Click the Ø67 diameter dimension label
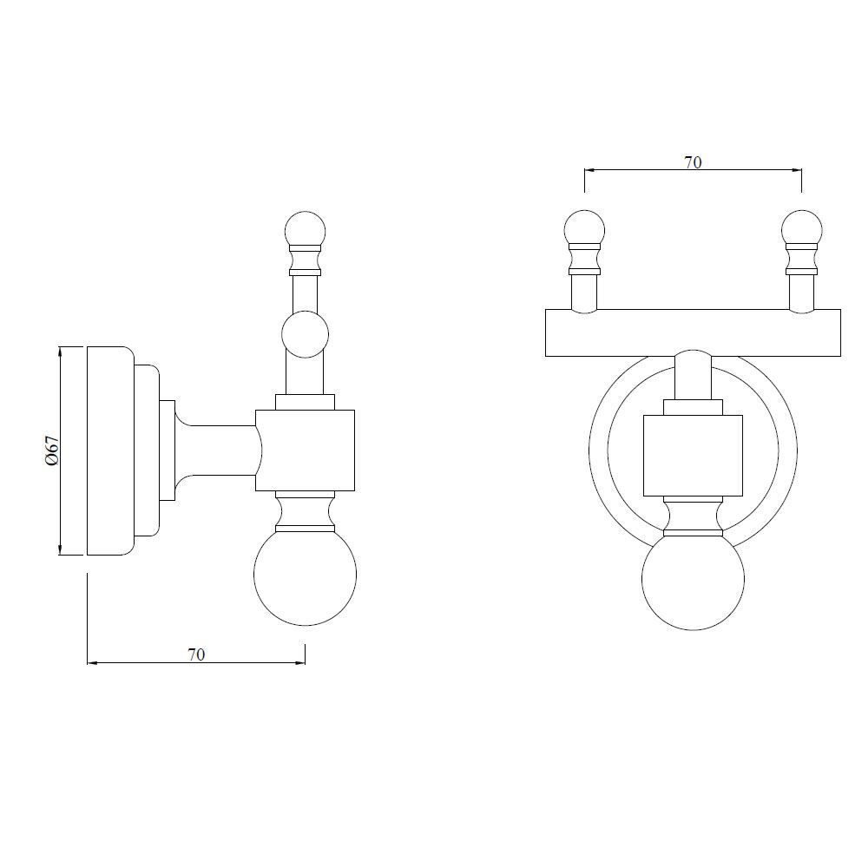coord(52,450)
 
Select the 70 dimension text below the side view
coord(196,654)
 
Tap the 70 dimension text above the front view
coord(693,161)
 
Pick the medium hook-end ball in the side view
coord(306,335)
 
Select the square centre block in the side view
coord(306,450)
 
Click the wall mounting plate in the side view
coord(108,450)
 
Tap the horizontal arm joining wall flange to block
coord(217,450)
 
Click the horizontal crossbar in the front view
coord(693,332)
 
